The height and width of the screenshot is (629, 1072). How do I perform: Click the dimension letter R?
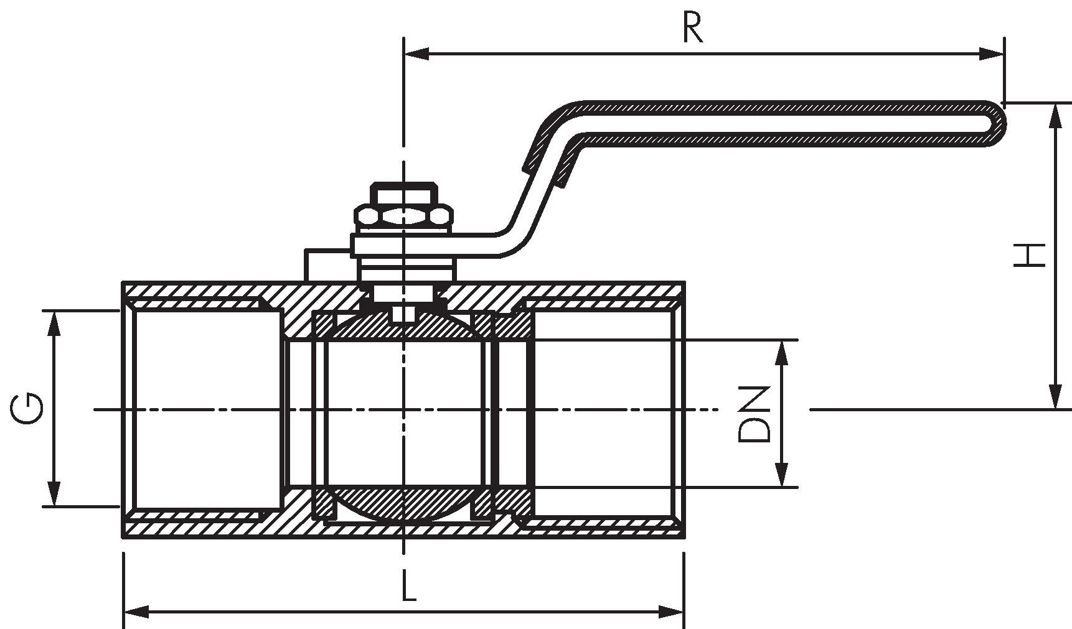(x=693, y=28)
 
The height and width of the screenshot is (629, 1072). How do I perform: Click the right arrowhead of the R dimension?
(x=991, y=54)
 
